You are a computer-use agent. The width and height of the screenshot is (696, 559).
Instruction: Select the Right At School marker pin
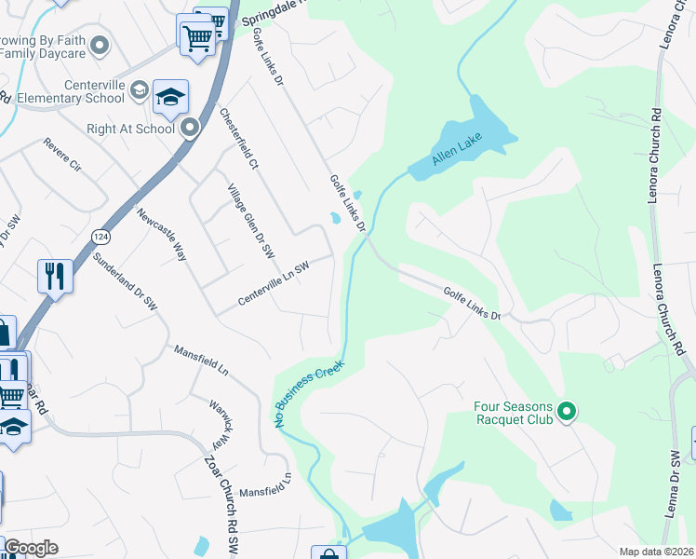[191, 128]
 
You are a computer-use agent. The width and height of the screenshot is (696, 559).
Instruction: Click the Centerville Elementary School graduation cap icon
[171, 96]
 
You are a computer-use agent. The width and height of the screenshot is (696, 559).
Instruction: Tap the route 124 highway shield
[100, 239]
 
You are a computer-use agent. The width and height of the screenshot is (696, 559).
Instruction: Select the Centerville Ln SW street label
[273, 283]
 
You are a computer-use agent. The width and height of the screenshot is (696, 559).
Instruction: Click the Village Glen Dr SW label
[252, 221]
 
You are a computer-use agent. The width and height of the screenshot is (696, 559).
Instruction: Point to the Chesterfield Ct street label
[238, 138]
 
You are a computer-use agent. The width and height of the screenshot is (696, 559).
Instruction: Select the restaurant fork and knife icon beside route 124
[54, 275]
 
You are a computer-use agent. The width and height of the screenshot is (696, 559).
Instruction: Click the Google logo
[31, 548]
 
